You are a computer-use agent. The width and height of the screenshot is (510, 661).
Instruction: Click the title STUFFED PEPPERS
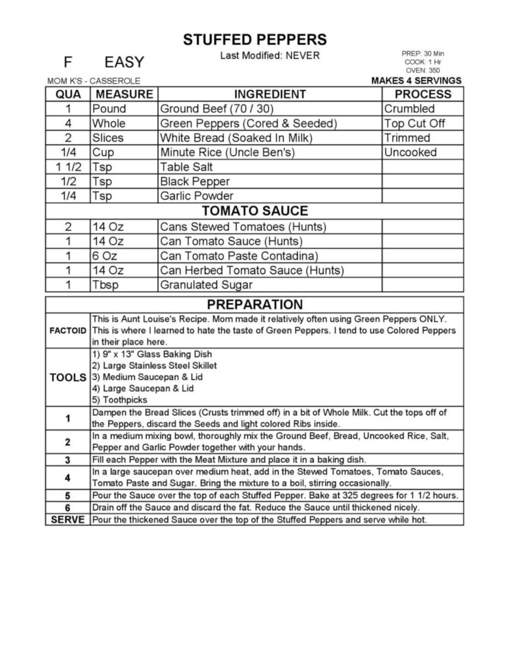point(255,40)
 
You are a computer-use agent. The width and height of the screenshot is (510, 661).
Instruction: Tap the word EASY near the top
point(124,62)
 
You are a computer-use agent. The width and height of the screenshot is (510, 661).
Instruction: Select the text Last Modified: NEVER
point(270,56)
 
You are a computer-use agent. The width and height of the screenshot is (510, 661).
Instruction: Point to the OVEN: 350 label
point(423,70)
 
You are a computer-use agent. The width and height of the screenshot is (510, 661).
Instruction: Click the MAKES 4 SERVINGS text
point(416,81)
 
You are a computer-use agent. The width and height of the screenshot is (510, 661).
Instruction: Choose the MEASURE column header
point(124,94)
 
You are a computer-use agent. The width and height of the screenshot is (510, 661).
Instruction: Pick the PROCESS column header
point(423,94)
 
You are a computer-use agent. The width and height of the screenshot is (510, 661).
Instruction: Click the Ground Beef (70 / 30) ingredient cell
point(217,109)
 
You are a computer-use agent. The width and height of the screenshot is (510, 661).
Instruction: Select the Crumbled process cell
point(409,109)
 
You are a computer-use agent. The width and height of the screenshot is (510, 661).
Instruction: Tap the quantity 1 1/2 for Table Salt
point(68,167)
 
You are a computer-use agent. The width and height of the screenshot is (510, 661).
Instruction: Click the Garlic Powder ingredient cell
point(197,196)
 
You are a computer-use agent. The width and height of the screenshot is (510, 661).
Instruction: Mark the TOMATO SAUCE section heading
point(255,211)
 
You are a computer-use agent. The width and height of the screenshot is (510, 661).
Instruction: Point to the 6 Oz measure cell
point(105,256)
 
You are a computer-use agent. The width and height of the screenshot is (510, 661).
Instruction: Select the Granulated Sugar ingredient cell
point(206,285)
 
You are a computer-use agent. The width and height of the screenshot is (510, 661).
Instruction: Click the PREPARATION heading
point(255,304)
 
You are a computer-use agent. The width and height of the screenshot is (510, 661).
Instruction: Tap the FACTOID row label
point(68,331)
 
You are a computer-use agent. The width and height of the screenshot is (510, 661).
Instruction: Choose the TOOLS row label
point(68,377)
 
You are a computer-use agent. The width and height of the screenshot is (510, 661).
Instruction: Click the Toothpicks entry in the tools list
point(120,400)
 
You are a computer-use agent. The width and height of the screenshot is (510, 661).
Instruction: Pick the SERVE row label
point(68,520)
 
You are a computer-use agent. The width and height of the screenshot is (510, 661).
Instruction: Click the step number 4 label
point(68,478)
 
